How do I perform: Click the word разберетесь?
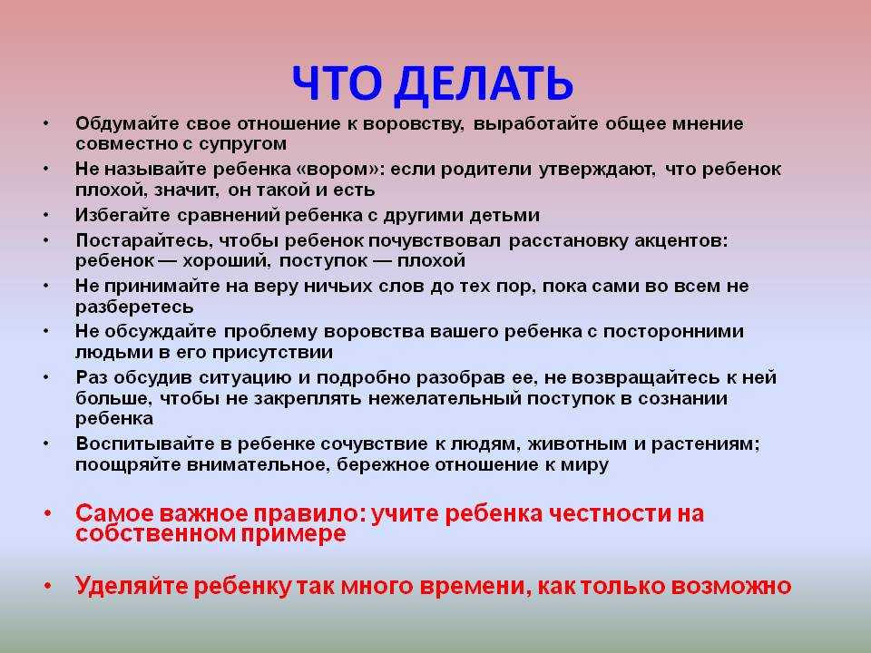tap(134, 307)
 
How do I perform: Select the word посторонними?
tap(673, 332)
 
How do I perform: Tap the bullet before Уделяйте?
tap(48, 586)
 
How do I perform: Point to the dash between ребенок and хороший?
tap(169, 261)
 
